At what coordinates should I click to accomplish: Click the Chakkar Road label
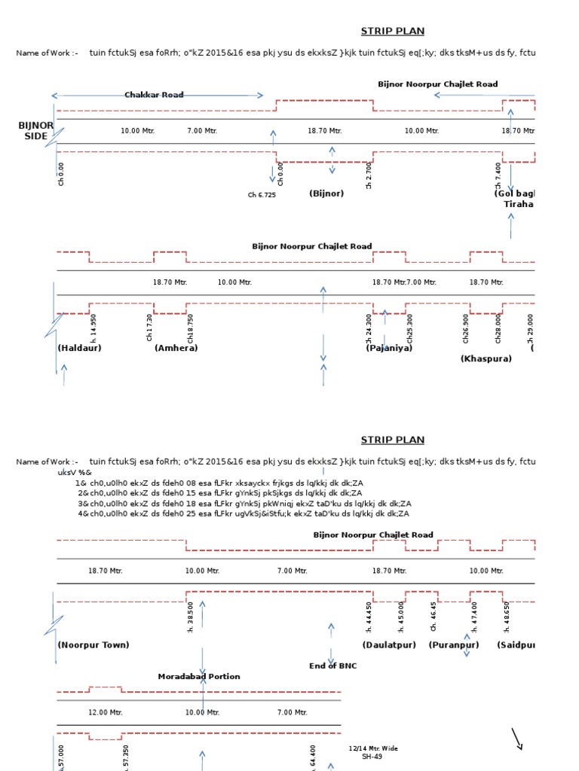154,95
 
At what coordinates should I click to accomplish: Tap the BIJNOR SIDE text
35,131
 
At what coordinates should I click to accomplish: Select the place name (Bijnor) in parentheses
326,194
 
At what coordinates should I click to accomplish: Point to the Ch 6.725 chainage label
262,195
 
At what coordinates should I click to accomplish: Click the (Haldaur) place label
79,348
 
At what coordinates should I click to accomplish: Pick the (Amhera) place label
176,348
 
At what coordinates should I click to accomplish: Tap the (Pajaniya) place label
389,348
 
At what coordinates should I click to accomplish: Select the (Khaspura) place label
486,358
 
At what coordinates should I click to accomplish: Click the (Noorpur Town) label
93,645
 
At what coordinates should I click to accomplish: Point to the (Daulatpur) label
389,645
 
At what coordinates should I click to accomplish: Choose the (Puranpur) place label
454,645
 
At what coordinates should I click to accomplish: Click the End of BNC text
333,666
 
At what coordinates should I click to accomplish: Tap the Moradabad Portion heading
199,676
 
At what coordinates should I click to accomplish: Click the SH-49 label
372,757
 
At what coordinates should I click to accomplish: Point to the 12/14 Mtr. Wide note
373,748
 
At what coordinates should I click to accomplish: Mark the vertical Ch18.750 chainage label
191,328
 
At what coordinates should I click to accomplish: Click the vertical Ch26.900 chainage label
466,328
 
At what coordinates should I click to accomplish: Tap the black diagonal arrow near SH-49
516,739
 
